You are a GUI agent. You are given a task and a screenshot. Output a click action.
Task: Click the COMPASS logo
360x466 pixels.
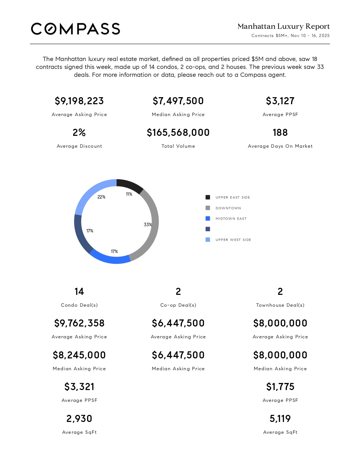[75, 29]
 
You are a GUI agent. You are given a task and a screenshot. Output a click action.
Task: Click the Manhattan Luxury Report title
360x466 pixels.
[283, 27]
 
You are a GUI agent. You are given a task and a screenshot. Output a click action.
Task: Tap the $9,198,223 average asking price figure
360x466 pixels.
[79, 101]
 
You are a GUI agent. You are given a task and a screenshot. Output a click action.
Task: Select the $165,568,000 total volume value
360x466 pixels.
[178, 132]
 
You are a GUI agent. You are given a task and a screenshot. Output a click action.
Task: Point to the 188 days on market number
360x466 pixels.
[280, 132]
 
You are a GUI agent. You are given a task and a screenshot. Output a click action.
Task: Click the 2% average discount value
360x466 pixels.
[79, 132]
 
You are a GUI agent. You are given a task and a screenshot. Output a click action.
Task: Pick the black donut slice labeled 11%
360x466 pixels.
[130, 185]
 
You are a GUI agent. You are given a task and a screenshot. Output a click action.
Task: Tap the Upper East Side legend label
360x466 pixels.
[233, 197]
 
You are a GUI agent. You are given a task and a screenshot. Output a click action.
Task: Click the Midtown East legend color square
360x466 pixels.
[208, 219]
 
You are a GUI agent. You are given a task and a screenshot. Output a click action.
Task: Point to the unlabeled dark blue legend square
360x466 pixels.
[208, 229]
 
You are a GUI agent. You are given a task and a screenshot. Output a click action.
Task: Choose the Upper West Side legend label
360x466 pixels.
[233, 240]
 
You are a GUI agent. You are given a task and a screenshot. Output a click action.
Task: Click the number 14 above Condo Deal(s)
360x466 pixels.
[79, 291]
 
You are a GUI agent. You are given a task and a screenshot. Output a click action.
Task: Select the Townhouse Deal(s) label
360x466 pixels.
[280, 305]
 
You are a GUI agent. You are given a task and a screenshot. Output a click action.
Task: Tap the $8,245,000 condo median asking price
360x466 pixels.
[79, 355]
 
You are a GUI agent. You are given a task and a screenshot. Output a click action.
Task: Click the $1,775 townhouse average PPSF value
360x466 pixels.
[280, 387]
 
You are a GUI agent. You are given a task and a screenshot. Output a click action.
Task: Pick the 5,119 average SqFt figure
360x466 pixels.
[280, 419]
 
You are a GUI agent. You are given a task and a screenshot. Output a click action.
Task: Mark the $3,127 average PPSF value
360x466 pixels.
[280, 101]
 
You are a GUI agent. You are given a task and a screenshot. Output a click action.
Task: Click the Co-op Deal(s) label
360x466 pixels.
[178, 305]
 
